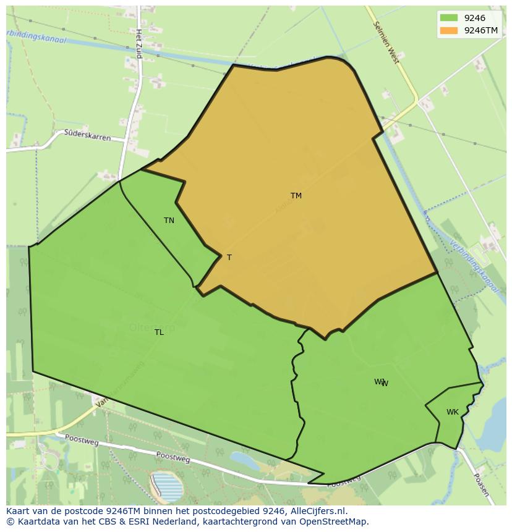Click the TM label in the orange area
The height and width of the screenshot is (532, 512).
point(296,196)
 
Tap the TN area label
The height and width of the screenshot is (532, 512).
point(169,221)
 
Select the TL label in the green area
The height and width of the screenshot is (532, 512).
point(159,332)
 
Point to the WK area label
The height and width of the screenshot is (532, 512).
point(453,412)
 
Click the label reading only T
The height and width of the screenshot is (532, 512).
point(229,258)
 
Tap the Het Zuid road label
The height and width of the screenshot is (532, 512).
point(139,44)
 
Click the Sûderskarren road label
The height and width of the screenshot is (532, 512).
point(88,135)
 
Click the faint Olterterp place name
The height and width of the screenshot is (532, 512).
point(152,328)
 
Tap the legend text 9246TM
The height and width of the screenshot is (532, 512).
point(481,30)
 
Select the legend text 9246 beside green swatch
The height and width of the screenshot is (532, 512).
point(474,18)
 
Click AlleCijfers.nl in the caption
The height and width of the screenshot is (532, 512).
point(319,511)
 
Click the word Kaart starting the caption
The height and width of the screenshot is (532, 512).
point(19,511)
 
